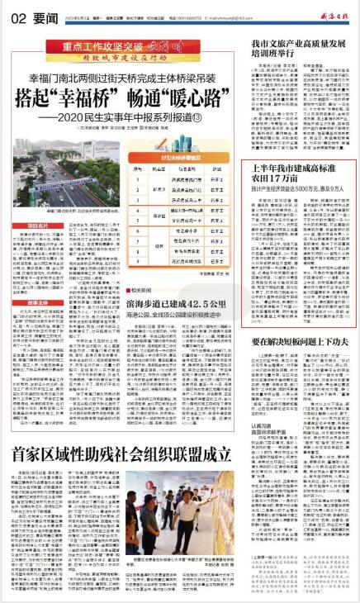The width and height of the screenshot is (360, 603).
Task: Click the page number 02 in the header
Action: click(x=18, y=16)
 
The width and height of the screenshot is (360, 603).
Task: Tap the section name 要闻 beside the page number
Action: click(x=36, y=16)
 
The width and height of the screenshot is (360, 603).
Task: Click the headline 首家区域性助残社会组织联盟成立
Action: click(x=119, y=453)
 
